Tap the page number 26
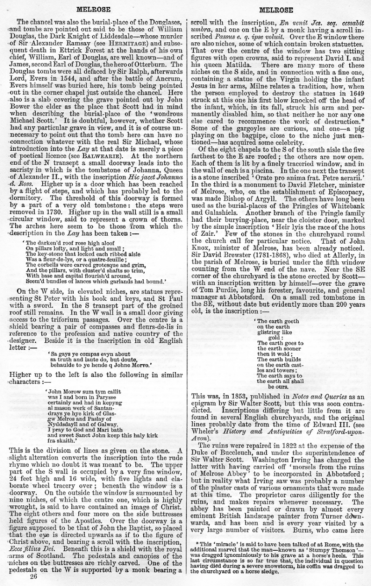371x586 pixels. pos(33,577)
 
